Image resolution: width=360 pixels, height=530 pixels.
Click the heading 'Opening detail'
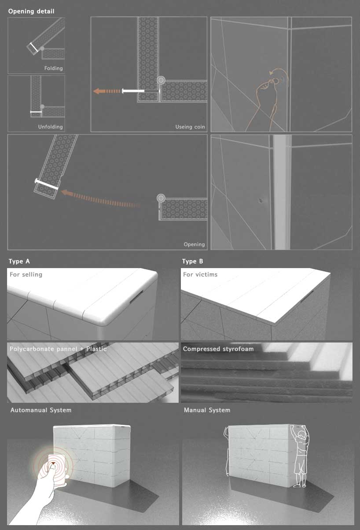[x=31, y=11]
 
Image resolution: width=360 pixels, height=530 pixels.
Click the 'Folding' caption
[x=53, y=68]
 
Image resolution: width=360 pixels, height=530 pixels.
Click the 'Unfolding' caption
[x=50, y=127]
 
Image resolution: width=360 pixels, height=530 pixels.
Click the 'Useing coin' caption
[x=190, y=127]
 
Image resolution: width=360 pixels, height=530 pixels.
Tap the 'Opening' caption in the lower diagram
[x=194, y=244]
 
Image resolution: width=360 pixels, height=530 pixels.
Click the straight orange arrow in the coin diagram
[x=107, y=91]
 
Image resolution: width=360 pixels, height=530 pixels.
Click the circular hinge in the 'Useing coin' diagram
[x=161, y=80]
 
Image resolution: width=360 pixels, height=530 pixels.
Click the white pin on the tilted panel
[x=47, y=184]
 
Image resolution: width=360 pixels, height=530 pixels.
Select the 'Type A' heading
[x=19, y=261]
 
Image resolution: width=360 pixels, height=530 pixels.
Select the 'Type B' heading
[x=193, y=261]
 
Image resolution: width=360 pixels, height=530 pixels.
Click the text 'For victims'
[x=200, y=274]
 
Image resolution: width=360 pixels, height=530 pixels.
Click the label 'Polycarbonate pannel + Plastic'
[x=58, y=349]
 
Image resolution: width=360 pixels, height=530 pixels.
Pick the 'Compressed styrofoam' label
[x=217, y=349]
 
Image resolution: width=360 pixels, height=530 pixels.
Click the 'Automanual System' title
[x=41, y=410]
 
